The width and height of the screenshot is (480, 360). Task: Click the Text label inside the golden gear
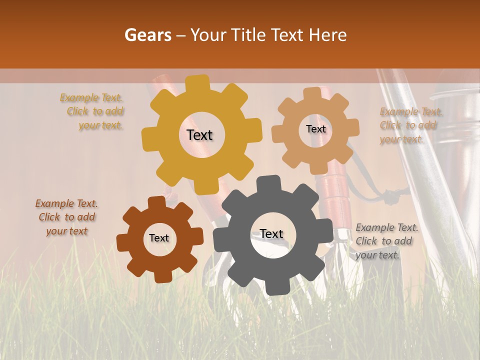tap(199, 135)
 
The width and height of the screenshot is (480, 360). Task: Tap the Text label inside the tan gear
tap(315, 129)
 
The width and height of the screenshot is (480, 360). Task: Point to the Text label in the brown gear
tap(159, 238)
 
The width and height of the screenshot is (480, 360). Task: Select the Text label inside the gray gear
tap(271, 234)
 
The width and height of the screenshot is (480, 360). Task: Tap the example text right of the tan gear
tap(407, 125)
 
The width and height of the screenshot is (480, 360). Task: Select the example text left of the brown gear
tap(66, 217)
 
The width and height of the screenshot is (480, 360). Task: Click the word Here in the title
tap(328, 35)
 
